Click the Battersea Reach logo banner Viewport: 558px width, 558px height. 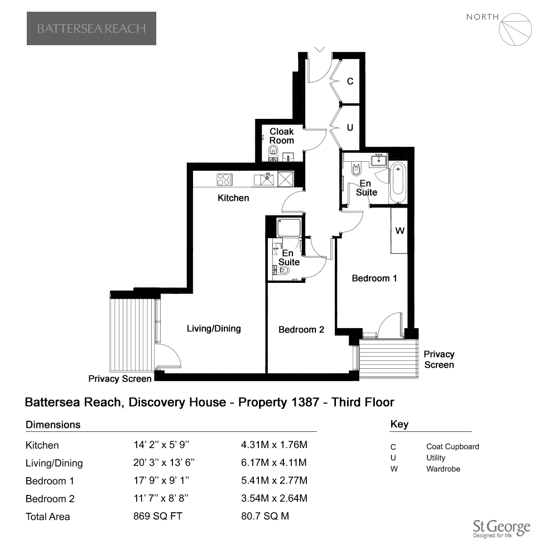92,28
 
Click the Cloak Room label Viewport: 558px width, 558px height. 281,136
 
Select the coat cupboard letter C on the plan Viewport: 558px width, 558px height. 350,81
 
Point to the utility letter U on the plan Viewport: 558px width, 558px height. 350,127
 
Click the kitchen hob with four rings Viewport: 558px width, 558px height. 224,179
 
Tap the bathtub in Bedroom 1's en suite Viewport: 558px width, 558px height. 398,182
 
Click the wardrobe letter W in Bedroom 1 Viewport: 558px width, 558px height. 400,230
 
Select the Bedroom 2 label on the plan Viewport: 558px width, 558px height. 301,330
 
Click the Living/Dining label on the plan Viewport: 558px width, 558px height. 214,329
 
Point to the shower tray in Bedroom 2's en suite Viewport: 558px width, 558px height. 289,228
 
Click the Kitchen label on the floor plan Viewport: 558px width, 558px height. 233,198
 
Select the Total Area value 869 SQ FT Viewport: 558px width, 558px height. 158,516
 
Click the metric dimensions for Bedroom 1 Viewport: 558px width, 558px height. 274,480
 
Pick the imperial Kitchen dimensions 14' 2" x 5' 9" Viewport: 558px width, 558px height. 161,445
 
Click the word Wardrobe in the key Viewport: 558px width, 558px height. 443,469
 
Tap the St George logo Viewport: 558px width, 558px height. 502,528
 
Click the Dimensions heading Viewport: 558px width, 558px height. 53,425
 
